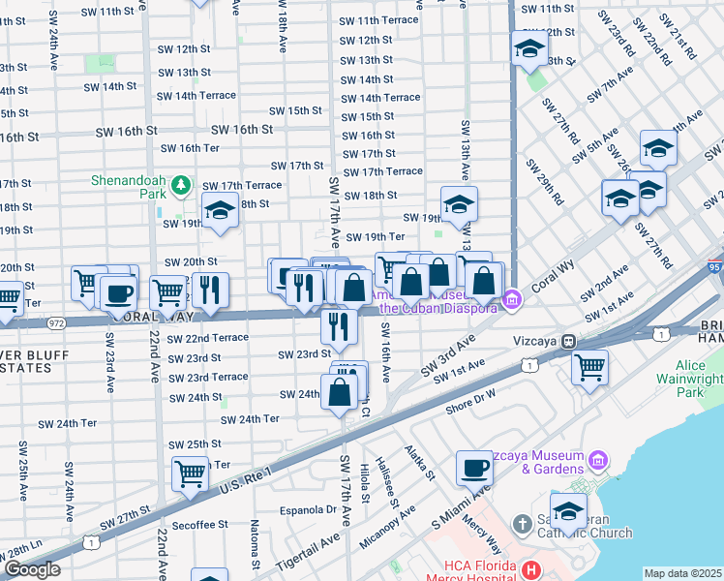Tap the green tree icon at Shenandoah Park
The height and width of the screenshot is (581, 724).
point(179,184)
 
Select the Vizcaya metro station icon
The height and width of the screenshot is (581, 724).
point(571,341)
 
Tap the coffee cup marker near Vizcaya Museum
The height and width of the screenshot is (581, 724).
point(474,469)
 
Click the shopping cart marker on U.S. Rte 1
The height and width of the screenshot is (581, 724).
point(190,474)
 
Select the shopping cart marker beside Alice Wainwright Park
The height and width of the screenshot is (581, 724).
point(589,367)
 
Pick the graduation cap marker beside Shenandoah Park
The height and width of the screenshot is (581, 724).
point(221,210)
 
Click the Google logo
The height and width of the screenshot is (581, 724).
point(32,569)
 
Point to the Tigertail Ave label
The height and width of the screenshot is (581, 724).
point(308,550)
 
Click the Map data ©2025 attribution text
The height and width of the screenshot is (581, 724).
point(682,573)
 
